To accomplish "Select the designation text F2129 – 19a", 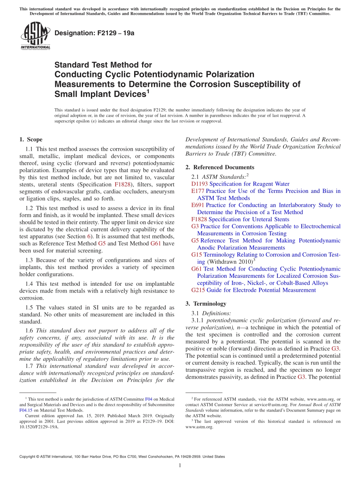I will point(94,33).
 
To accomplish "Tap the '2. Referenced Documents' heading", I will point(220,167).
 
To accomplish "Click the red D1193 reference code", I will point(200,184).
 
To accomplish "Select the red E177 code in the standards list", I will point(198,191).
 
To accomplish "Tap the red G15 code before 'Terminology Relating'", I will point(197,255).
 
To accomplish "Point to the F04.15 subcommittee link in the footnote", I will point(26,410).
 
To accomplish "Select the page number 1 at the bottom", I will point(180,465).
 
